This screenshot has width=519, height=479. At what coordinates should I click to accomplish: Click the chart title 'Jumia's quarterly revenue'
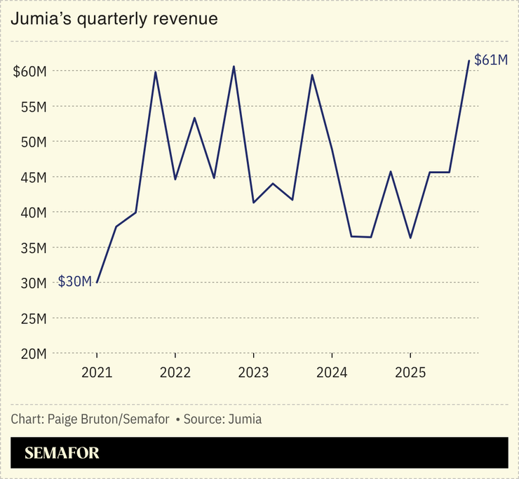click(114, 20)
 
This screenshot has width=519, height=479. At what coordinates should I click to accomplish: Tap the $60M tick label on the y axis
click(29, 72)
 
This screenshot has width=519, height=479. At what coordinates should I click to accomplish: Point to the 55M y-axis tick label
click(32, 107)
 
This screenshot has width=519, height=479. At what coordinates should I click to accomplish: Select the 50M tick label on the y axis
click(32, 142)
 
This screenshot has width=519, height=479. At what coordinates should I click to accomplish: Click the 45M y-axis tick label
click(32, 177)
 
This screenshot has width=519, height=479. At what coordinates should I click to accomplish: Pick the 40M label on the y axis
click(32, 212)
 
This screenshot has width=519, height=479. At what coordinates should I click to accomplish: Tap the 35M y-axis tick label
click(32, 248)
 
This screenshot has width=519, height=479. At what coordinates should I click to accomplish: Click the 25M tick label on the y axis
click(32, 318)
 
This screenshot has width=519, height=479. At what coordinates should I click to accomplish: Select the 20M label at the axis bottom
click(32, 353)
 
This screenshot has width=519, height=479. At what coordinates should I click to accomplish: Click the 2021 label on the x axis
click(97, 374)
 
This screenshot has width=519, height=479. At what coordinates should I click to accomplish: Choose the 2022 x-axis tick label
click(175, 374)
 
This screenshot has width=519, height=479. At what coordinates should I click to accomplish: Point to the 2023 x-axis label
click(253, 374)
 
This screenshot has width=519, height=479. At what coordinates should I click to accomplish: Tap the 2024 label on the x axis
click(332, 374)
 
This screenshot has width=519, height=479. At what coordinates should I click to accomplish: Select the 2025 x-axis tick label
click(410, 374)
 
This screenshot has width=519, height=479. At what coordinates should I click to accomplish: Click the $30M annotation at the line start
click(74, 282)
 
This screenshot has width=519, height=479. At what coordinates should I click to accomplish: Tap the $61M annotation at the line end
click(491, 60)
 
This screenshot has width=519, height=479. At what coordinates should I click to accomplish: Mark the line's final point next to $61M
click(469, 61)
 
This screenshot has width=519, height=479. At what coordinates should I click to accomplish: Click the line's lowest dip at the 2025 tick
click(410, 238)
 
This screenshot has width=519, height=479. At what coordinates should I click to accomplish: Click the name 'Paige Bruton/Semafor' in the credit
click(108, 419)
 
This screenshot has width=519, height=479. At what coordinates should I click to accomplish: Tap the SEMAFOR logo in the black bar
click(62, 453)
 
